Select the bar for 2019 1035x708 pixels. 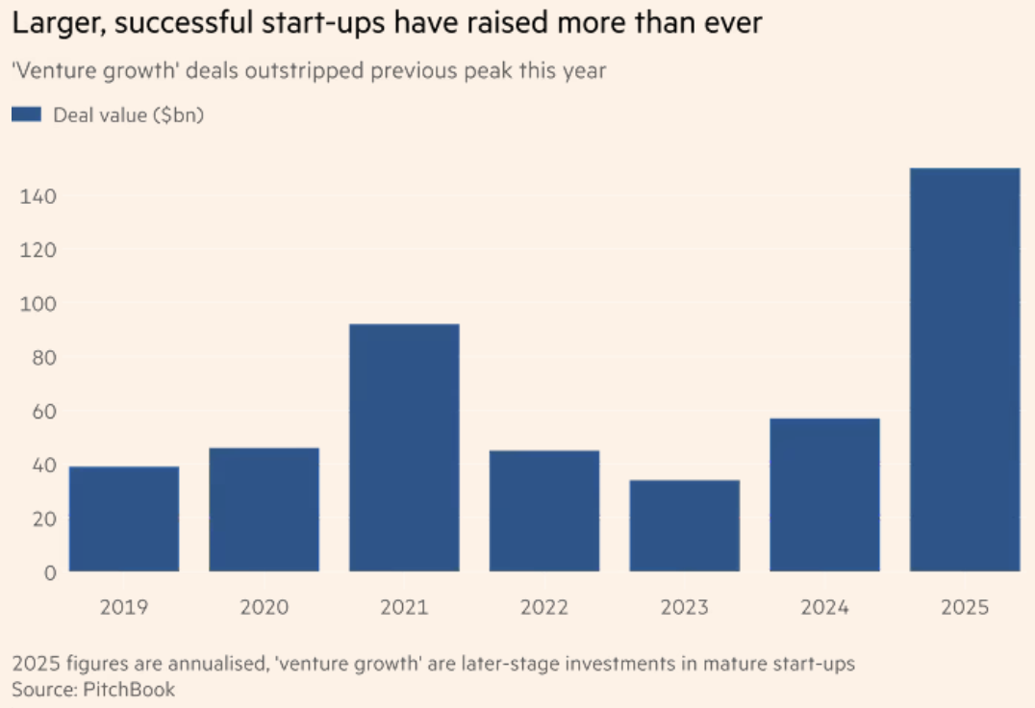tap(124, 519)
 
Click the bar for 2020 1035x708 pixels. tap(265, 510)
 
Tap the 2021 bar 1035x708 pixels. tap(404, 448)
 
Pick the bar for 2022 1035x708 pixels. tap(544, 511)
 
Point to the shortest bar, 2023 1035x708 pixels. tap(684, 526)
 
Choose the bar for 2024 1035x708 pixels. tap(824, 495)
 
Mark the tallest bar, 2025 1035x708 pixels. tap(965, 370)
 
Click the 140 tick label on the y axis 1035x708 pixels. tap(38, 196)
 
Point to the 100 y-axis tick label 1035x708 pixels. tap(38, 304)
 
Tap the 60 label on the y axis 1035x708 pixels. tap(43, 412)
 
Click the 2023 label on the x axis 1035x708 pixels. tap(684, 608)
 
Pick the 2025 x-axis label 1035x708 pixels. tap(965, 608)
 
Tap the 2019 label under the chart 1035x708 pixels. tap(124, 608)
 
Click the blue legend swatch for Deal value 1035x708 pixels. tap(26, 115)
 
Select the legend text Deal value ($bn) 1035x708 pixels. tap(129, 115)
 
